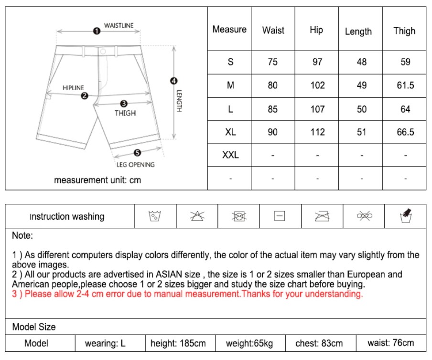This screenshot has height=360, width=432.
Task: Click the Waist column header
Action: click(x=273, y=30)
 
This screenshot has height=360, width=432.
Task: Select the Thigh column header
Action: click(x=404, y=31)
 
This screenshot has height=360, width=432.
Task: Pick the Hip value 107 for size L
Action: click(x=317, y=109)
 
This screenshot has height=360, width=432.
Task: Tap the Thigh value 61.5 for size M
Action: click(x=405, y=85)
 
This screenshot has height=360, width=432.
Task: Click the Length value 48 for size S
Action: click(x=362, y=62)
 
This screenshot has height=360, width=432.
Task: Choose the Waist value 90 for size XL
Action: click(x=273, y=132)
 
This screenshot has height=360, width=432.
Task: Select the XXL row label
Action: click(x=230, y=155)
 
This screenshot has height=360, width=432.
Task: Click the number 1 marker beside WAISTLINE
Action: click(x=97, y=31)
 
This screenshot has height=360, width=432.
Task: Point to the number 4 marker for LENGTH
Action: click(x=174, y=81)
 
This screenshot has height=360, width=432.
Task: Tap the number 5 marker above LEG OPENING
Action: click(x=137, y=153)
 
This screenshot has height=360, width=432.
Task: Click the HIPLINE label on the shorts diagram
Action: click(x=73, y=88)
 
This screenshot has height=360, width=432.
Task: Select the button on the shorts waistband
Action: click(x=103, y=51)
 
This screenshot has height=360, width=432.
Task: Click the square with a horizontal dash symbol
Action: click(x=280, y=216)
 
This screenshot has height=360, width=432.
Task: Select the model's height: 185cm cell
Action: click(x=178, y=343)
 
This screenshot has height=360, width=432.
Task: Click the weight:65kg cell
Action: click(x=249, y=343)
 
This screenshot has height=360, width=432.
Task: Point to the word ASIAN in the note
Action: click(x=186, y=275)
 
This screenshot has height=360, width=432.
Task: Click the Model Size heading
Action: click(x=34, y=327)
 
